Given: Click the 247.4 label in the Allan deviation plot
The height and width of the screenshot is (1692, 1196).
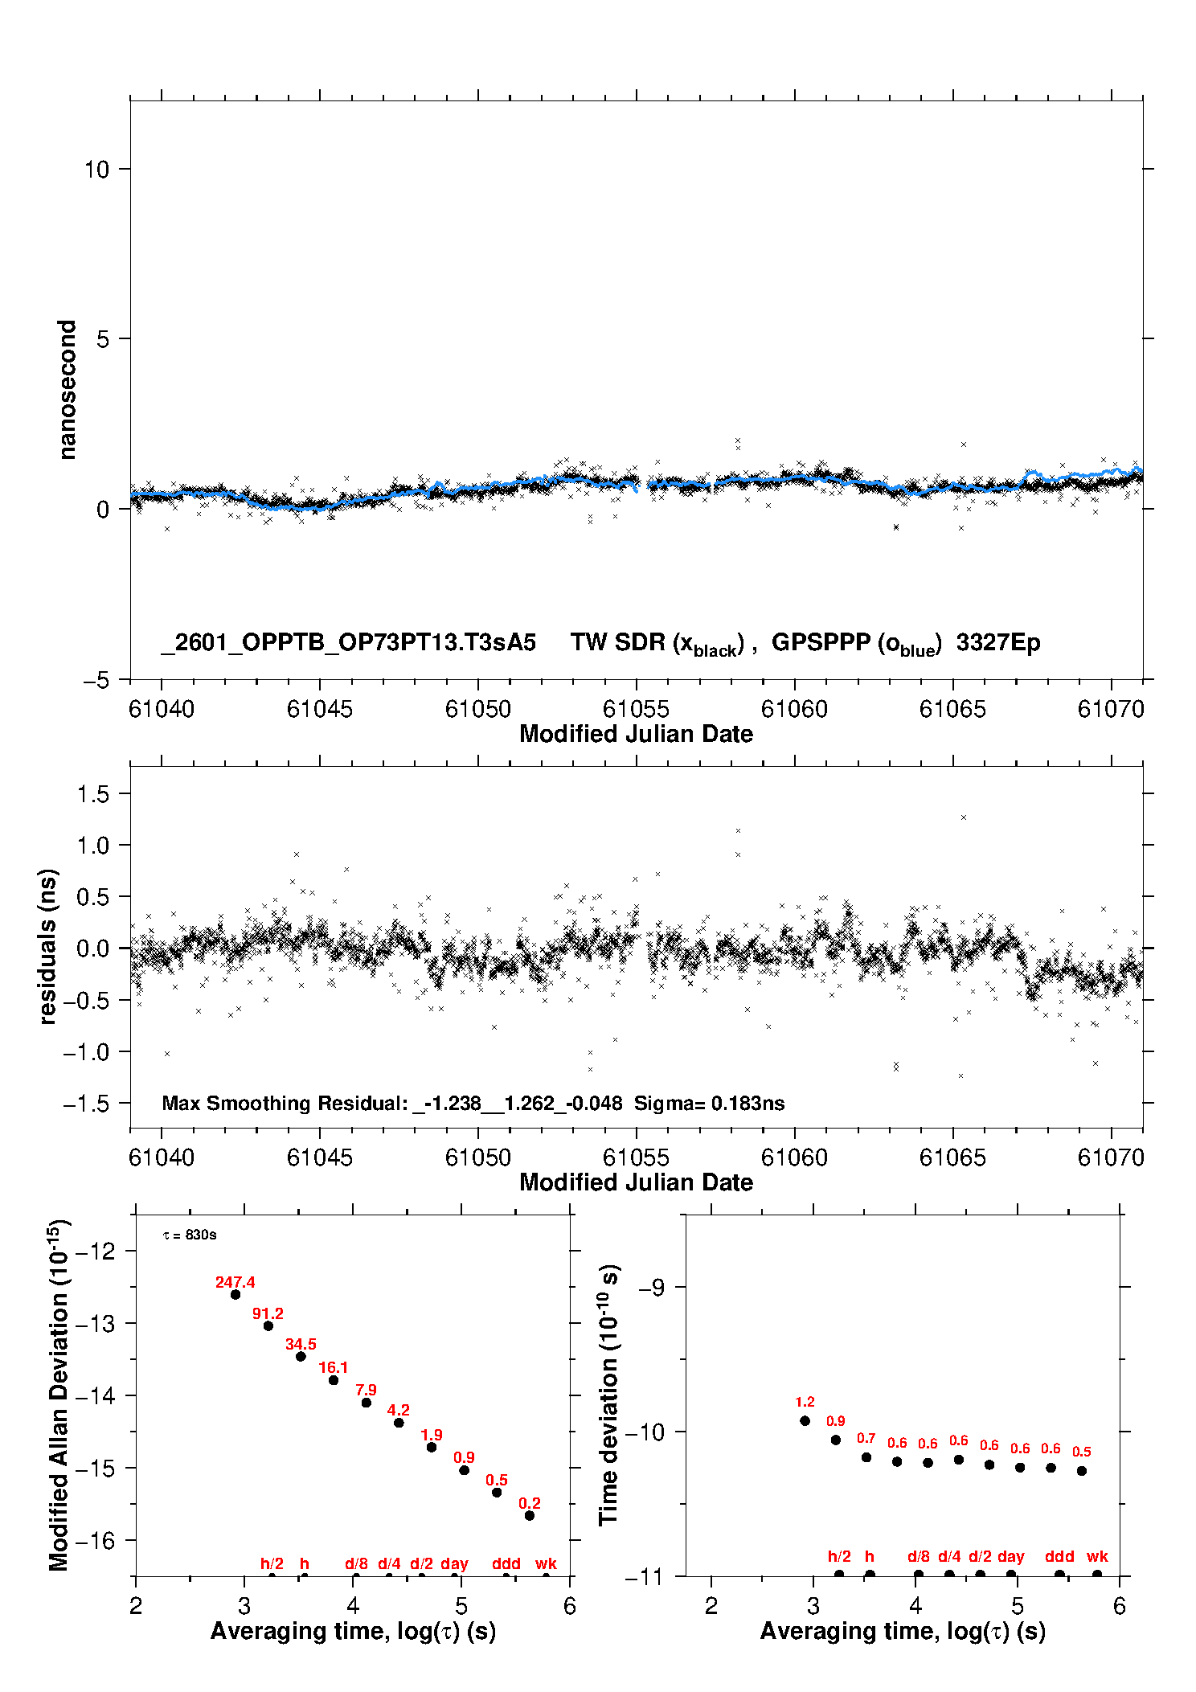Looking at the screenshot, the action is (x=235, y=1282).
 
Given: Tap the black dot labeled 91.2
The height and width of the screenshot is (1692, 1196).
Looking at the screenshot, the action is (x=268, y=1325).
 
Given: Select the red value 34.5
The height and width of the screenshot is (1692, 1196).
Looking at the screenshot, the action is (x=301, y=1344).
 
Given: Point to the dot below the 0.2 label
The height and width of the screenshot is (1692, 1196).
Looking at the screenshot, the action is (x=530, y=1515).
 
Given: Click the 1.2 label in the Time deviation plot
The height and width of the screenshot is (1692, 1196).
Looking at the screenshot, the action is (x=805, y=1402).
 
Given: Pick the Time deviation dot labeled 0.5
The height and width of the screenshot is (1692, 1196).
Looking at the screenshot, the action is (x=1082, y=1471).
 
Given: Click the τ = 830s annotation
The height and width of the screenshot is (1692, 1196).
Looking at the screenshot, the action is (x=190, y=1235).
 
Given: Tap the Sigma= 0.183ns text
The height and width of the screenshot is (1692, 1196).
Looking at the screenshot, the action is (x=710, y=1103).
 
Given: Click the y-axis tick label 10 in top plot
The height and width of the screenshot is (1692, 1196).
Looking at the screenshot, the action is (x=96, y=170).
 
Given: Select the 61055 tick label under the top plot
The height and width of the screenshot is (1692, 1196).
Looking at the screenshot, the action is (x=636, y=709).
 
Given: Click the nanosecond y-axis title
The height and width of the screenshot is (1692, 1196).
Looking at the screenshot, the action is (x=67, y=390).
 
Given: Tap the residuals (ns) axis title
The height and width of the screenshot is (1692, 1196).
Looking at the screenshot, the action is (x=48, y=947).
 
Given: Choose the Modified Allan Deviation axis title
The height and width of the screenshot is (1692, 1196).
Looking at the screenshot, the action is (x=59, y=1395).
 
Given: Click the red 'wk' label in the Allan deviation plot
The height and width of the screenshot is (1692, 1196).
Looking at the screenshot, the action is (x=546, y=1563).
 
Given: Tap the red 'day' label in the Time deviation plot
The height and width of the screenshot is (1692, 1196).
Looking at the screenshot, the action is (x=1010, y=1557).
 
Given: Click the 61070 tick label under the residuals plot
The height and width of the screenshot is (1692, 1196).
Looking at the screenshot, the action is (x=1111, y=1157).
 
